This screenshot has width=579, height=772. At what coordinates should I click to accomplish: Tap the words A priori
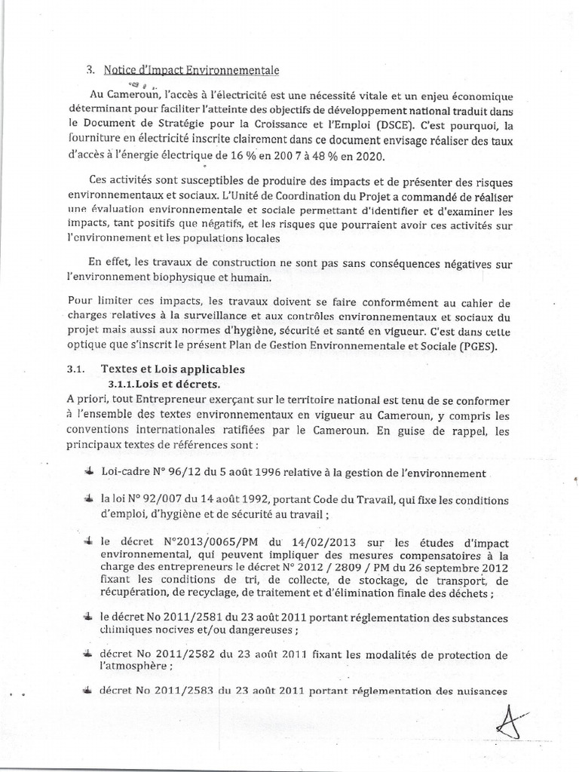[x=86, y=399]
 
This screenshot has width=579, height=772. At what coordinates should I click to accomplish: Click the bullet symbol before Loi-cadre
[x=89, y=472]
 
